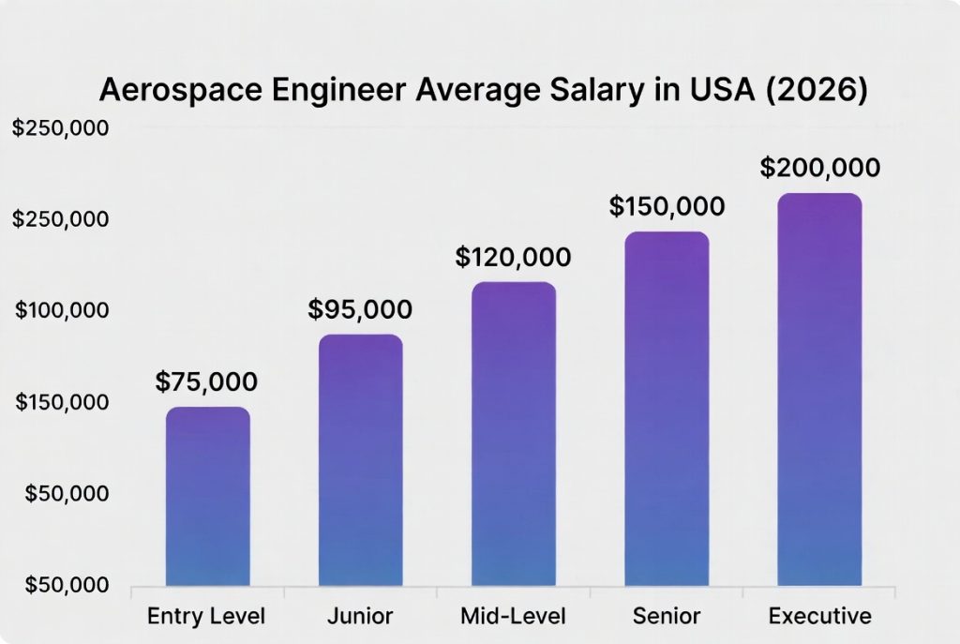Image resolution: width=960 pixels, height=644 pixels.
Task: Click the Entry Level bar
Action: point(208,497)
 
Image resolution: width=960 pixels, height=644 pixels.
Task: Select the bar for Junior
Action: point(361,460)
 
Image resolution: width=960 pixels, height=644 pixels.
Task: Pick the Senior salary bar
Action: point(667,409)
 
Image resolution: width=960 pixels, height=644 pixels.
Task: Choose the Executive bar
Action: point(819,390)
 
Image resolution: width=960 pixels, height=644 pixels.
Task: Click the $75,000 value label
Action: point(206,382)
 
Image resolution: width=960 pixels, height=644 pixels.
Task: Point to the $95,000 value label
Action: point(360,309)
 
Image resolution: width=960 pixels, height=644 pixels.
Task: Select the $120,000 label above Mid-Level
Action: point(513,257)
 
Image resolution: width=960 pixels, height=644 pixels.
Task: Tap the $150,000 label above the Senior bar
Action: point(667,206)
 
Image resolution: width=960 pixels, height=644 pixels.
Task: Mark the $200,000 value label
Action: point(820,168)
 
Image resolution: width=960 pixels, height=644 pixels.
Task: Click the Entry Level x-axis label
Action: point(206,616)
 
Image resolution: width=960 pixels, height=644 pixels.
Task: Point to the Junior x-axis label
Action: point(360,616)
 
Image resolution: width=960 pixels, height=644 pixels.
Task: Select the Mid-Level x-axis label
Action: point(513,616)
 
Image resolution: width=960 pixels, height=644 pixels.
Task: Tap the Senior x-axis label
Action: point(667,616)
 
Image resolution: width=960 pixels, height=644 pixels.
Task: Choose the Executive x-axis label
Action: point(820,616)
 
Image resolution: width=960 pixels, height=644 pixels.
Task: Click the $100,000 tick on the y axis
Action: point(61,310)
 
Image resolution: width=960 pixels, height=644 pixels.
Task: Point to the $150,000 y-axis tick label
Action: point(61,402)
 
